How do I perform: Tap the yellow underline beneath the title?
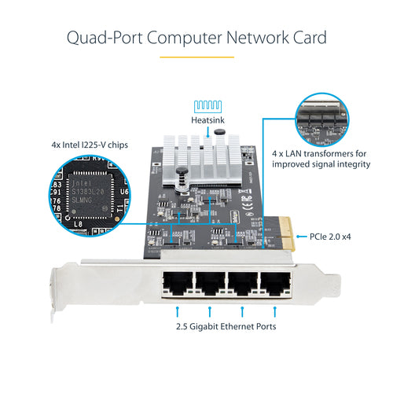(x=196, y=57)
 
